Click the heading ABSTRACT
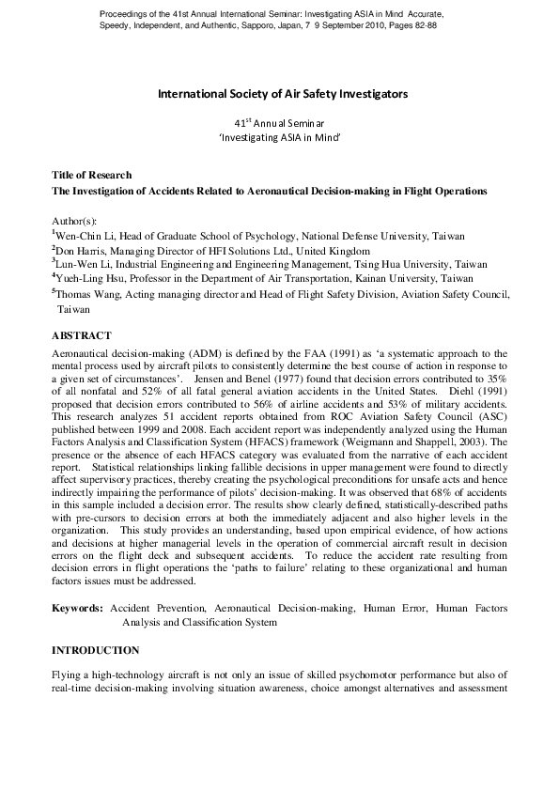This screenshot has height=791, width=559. [82, 335]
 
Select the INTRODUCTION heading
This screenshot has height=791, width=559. [96, 650]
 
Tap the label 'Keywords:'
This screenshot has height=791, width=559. [78, 609]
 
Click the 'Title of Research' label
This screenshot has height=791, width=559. [91, 176]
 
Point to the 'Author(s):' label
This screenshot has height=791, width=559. [74, 220]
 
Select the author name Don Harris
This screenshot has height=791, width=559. [81, 251]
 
